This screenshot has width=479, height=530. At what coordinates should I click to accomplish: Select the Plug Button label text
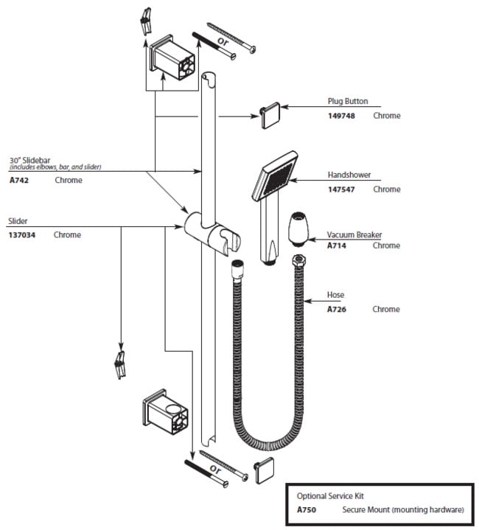pyautogui.click(x=348, y=102)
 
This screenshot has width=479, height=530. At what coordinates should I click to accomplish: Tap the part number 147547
pyautogui.click(x=342, y=189)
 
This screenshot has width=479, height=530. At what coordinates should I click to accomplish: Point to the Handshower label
pyautogui.click(x=349, y=175)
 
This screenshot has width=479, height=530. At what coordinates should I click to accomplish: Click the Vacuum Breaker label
pyautogui.click(x=354, y=235)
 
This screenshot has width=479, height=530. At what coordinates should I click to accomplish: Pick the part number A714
pyautogui.click(x=337, y=245)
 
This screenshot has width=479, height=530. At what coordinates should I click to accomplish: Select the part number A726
pyautogui.click(x=337, y=310)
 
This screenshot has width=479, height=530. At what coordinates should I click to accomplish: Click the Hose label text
pyautogui.click(x=335, y=296)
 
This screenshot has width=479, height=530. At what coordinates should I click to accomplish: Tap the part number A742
pyautogui.click(x=19, y=180)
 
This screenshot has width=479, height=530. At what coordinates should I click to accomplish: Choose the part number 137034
pyautogui.click(x=22, y=235)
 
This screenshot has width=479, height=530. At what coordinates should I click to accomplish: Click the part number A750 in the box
pyautogui.click(x=307, y=509)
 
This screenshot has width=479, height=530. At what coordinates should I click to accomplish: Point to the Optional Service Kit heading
pyautogui.click(x=330, y=496)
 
